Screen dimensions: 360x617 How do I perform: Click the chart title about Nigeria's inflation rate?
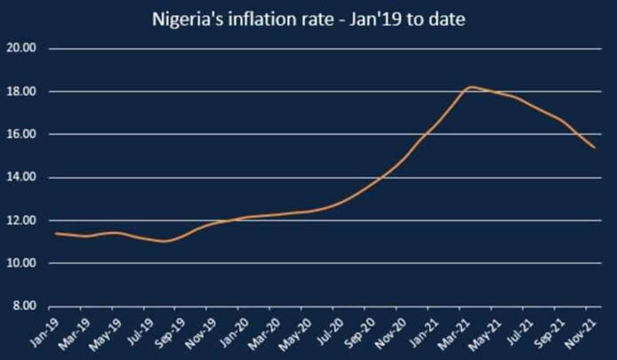308,19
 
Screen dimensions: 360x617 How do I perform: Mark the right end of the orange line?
594,147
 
